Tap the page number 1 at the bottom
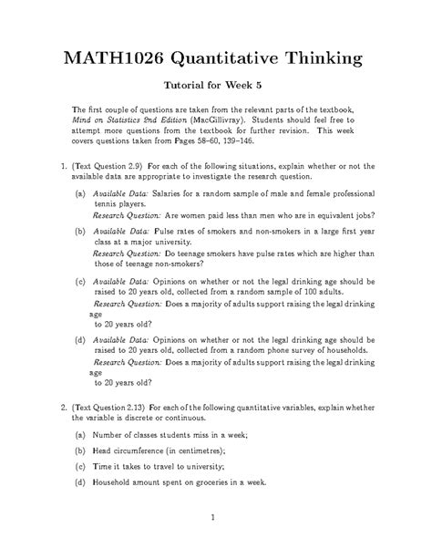(x=211, y=520)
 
